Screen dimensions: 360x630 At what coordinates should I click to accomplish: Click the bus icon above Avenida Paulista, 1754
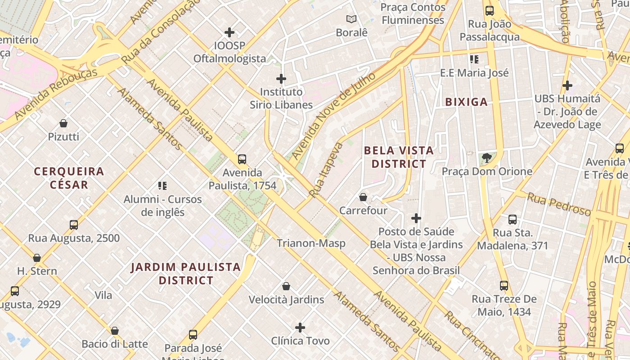coord(242,159)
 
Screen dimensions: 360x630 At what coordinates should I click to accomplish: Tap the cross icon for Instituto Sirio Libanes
coord(281,79)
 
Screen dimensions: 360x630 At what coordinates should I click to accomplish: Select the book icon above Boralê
coord(351,19)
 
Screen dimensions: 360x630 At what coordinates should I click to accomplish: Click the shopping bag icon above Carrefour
coord(363,197)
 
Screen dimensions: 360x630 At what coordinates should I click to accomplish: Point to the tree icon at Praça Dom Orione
coord(486,157)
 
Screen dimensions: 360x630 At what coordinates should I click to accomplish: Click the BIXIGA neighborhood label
coord(466,102)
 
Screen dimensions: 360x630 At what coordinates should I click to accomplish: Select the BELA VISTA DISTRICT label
coord(398,157)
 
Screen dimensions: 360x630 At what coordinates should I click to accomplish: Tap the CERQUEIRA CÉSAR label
coord(69,178)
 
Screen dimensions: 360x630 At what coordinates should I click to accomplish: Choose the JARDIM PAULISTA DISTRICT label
coord(185,274)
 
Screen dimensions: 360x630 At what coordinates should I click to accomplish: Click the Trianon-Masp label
coord(311,243)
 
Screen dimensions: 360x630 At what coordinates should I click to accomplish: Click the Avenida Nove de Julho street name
coord(333,116)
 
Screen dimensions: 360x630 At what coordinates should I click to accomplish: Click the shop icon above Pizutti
coord(63,123)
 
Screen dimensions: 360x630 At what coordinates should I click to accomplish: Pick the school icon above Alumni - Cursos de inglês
coord(162,185)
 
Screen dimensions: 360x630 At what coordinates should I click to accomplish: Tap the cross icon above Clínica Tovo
coord(300,328)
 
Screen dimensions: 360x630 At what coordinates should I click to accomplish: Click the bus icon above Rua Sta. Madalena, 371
coord(513,220)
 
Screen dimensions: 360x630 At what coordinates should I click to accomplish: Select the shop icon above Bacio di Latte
coord(115,331)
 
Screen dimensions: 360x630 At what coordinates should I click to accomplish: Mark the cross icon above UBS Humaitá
coord(567,85)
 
